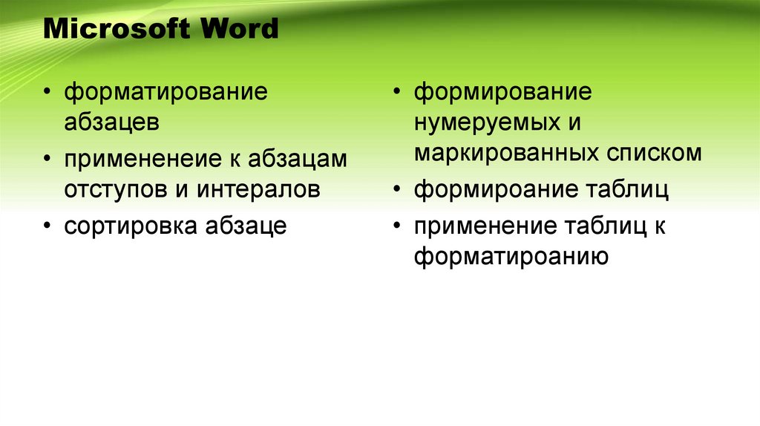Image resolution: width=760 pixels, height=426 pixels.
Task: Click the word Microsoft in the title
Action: [x=111, y=30]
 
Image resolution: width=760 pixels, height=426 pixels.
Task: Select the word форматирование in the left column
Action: [x=166, y=94]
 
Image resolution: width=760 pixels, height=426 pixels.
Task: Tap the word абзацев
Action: [x=111, y=122]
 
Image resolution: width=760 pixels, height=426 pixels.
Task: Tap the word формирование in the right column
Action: [x=503, y=94]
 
